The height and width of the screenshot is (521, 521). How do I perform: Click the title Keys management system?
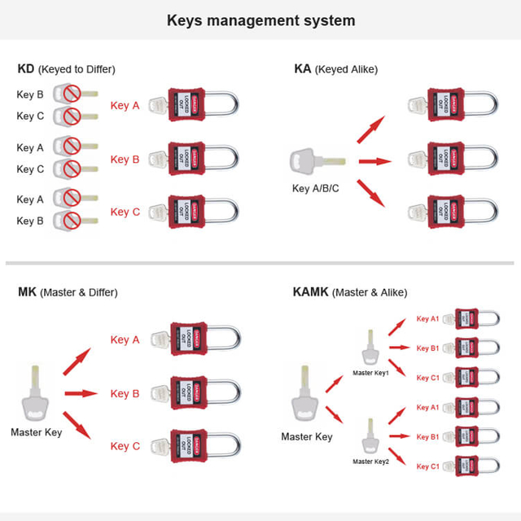click(x=260, y=20)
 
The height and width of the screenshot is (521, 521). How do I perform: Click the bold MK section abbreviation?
click(x=27, y=292)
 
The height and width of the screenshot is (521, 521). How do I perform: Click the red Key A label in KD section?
click(x=125, y=106)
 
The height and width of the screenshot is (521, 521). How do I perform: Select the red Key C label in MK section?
click(x=125, y=446)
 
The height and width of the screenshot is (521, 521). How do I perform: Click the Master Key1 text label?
click(x=370, y=373)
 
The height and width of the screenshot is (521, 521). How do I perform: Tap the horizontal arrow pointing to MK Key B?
click(x=81, y=394)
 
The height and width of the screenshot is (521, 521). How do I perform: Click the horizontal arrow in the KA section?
click(x=374, y=161)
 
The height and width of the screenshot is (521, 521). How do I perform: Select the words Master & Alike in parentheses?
click(x=372, y=292)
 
